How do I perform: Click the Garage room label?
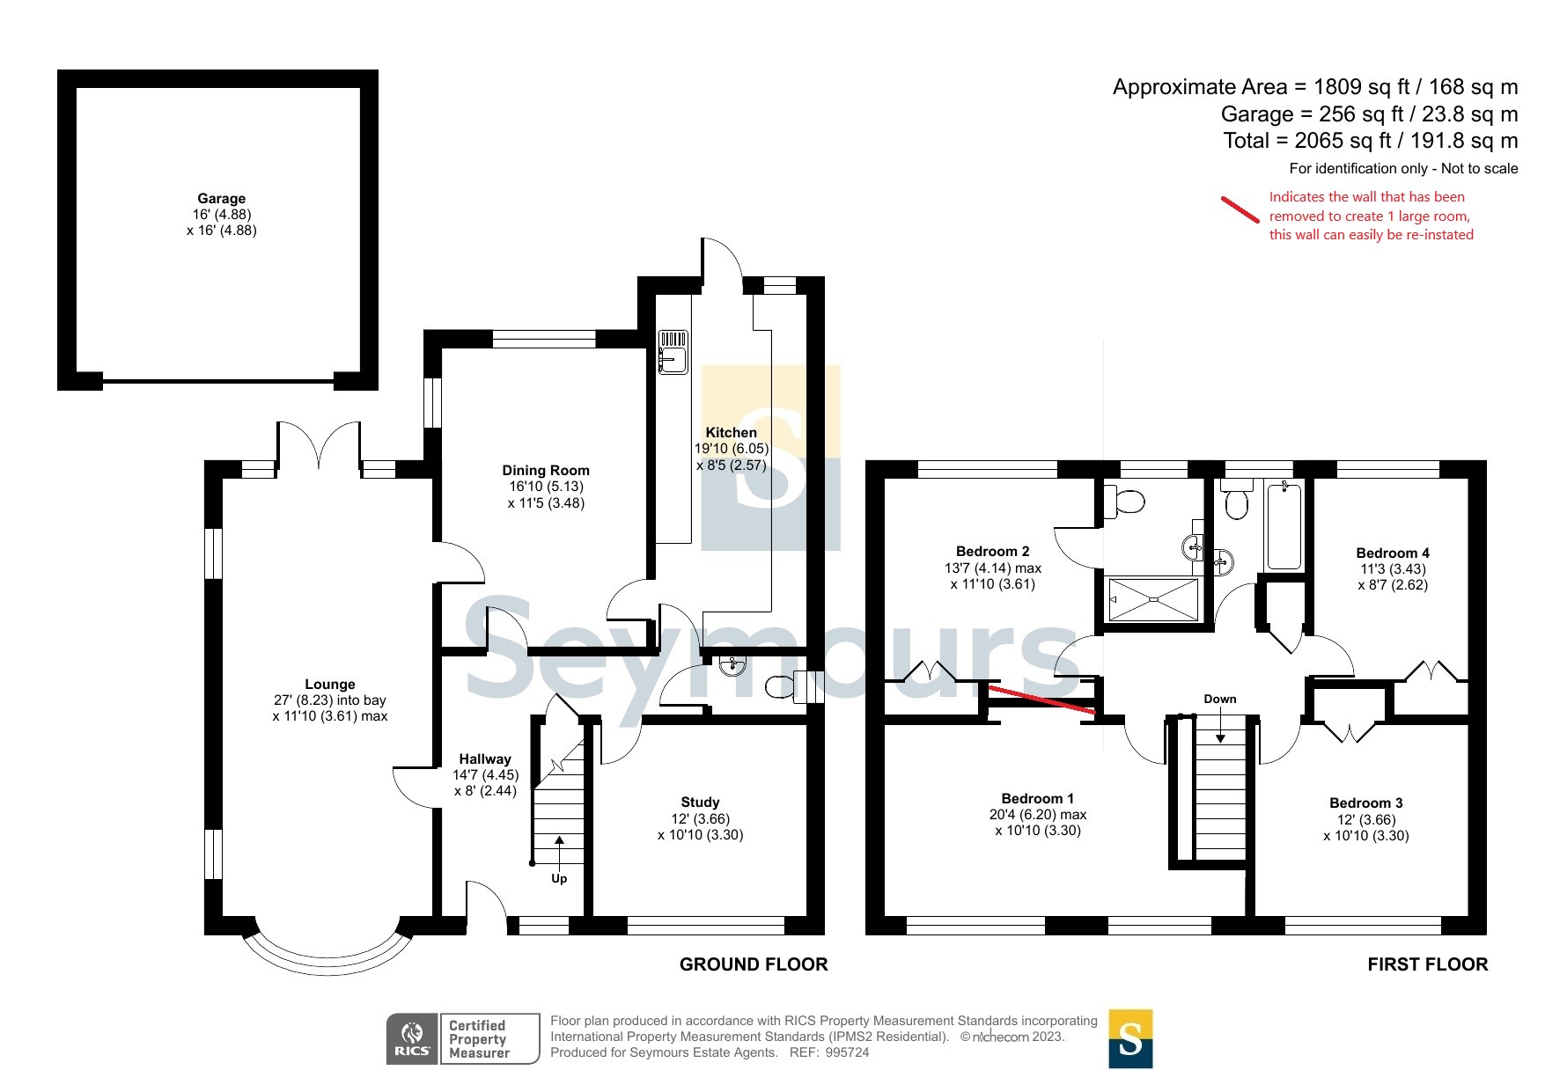(x=222, y=199)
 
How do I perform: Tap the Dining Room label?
(x=546, y=471)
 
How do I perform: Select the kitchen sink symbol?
(x=673, y=351)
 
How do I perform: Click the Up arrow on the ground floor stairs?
(x=559, y=850)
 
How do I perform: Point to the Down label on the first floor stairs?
(x=1220, y=699)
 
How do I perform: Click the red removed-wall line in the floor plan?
(x=1042, y=700)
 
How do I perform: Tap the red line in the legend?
(x=1240, y=209)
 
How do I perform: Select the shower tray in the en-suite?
(x=1153, y=599)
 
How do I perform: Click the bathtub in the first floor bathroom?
(x=1283, y=525)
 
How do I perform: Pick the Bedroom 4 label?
(x=1393, y=553)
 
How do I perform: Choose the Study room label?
(x=700, y=802)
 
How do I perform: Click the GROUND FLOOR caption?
(x=754, y=964)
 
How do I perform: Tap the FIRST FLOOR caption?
(x=1427, y=964)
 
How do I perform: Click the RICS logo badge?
(x=412, y=1039)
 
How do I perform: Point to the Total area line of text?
(x=1371, y=141)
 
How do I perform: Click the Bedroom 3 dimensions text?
(x=1366, y=827)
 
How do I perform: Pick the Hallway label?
(x=485, y=759)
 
